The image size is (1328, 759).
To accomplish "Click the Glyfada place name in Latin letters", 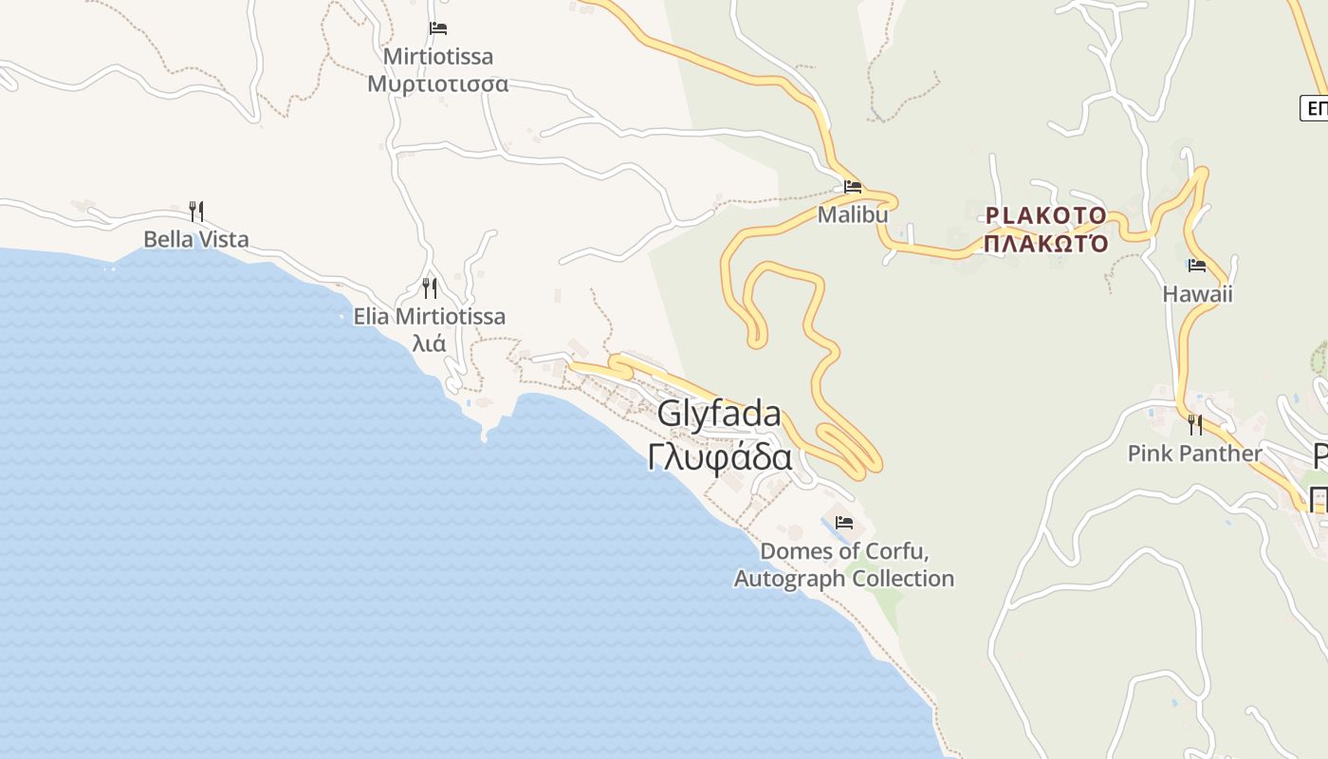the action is click(x=719, y=414).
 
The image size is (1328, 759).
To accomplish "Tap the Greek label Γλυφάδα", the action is click(x=720, y=456).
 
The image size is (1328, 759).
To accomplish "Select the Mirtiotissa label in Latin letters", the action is click(x=438, y=56).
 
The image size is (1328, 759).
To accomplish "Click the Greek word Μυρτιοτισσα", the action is click(x=438, y=83).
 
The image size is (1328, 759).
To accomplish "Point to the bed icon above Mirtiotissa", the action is click(x=438, y=28).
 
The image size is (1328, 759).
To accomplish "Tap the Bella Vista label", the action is click(x=196, y=239).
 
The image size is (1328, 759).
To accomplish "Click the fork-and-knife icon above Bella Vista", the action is click(x=196, y=211).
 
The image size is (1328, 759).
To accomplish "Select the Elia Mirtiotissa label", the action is click(x=430, y=316).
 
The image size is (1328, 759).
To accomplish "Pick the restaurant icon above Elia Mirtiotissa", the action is click(x=430, y=287).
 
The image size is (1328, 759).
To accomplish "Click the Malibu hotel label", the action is click(x=853, y=214).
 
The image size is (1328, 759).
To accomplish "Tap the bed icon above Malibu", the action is click(x=853, y=187).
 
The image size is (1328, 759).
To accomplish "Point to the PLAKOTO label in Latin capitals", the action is click(x=1046, y=215).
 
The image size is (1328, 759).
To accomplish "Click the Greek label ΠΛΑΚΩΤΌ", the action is click(x=1046, y=244).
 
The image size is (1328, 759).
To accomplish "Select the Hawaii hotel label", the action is click(x=1197, y=294).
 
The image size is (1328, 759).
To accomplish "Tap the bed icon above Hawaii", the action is click(x=1197, y=266).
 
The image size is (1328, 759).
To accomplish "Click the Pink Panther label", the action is click(x=1195, y=454).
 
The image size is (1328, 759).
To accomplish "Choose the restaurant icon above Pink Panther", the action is click(x=1195, y=424).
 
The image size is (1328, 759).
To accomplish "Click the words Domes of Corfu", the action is click(x=844, y=551).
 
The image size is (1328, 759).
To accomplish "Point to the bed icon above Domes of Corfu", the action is click(x=844, y=523).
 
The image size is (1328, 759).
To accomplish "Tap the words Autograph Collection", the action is click(x=844, y=578).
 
